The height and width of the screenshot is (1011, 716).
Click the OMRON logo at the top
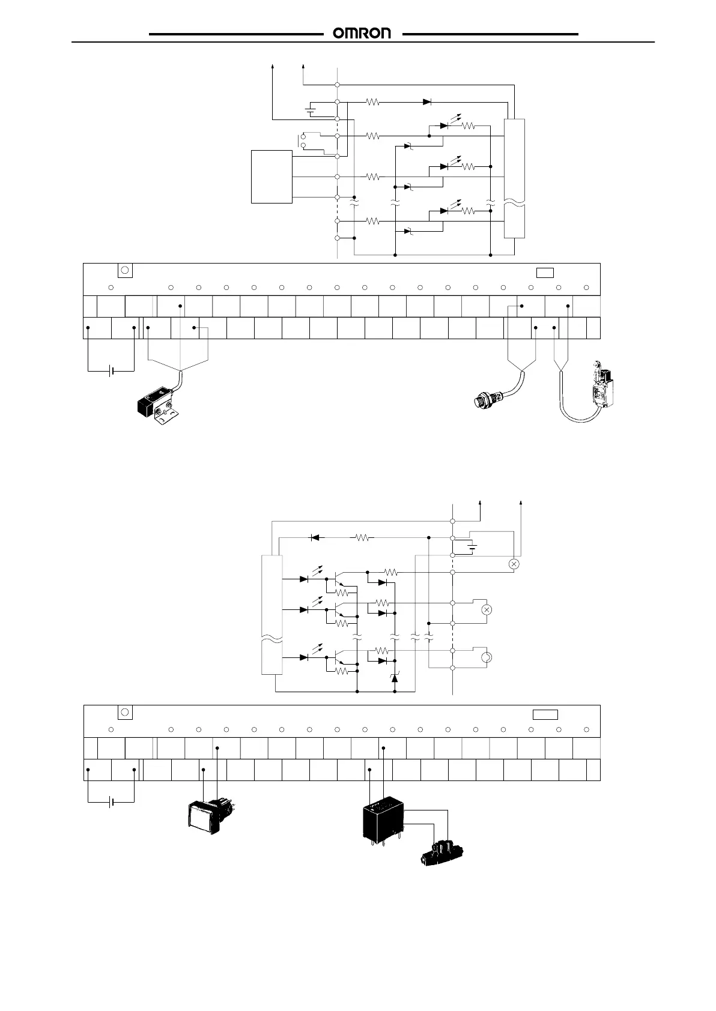point(362,34)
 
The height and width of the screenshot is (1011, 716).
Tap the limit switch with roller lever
point(601,387)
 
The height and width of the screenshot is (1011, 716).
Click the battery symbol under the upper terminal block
point(111,372)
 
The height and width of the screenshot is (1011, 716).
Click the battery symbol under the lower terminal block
point(111,801)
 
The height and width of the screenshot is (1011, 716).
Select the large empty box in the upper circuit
point(272,177)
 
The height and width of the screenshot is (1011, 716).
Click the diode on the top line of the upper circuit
point(427,102)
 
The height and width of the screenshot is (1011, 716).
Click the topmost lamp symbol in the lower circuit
point(514,564)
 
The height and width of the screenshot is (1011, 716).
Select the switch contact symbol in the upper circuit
point(303,140)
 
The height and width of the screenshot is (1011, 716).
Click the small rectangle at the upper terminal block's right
point(545,273)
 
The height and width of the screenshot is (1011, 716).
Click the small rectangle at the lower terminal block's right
point(545,714)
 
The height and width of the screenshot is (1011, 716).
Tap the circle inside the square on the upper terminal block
point(125,270)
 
